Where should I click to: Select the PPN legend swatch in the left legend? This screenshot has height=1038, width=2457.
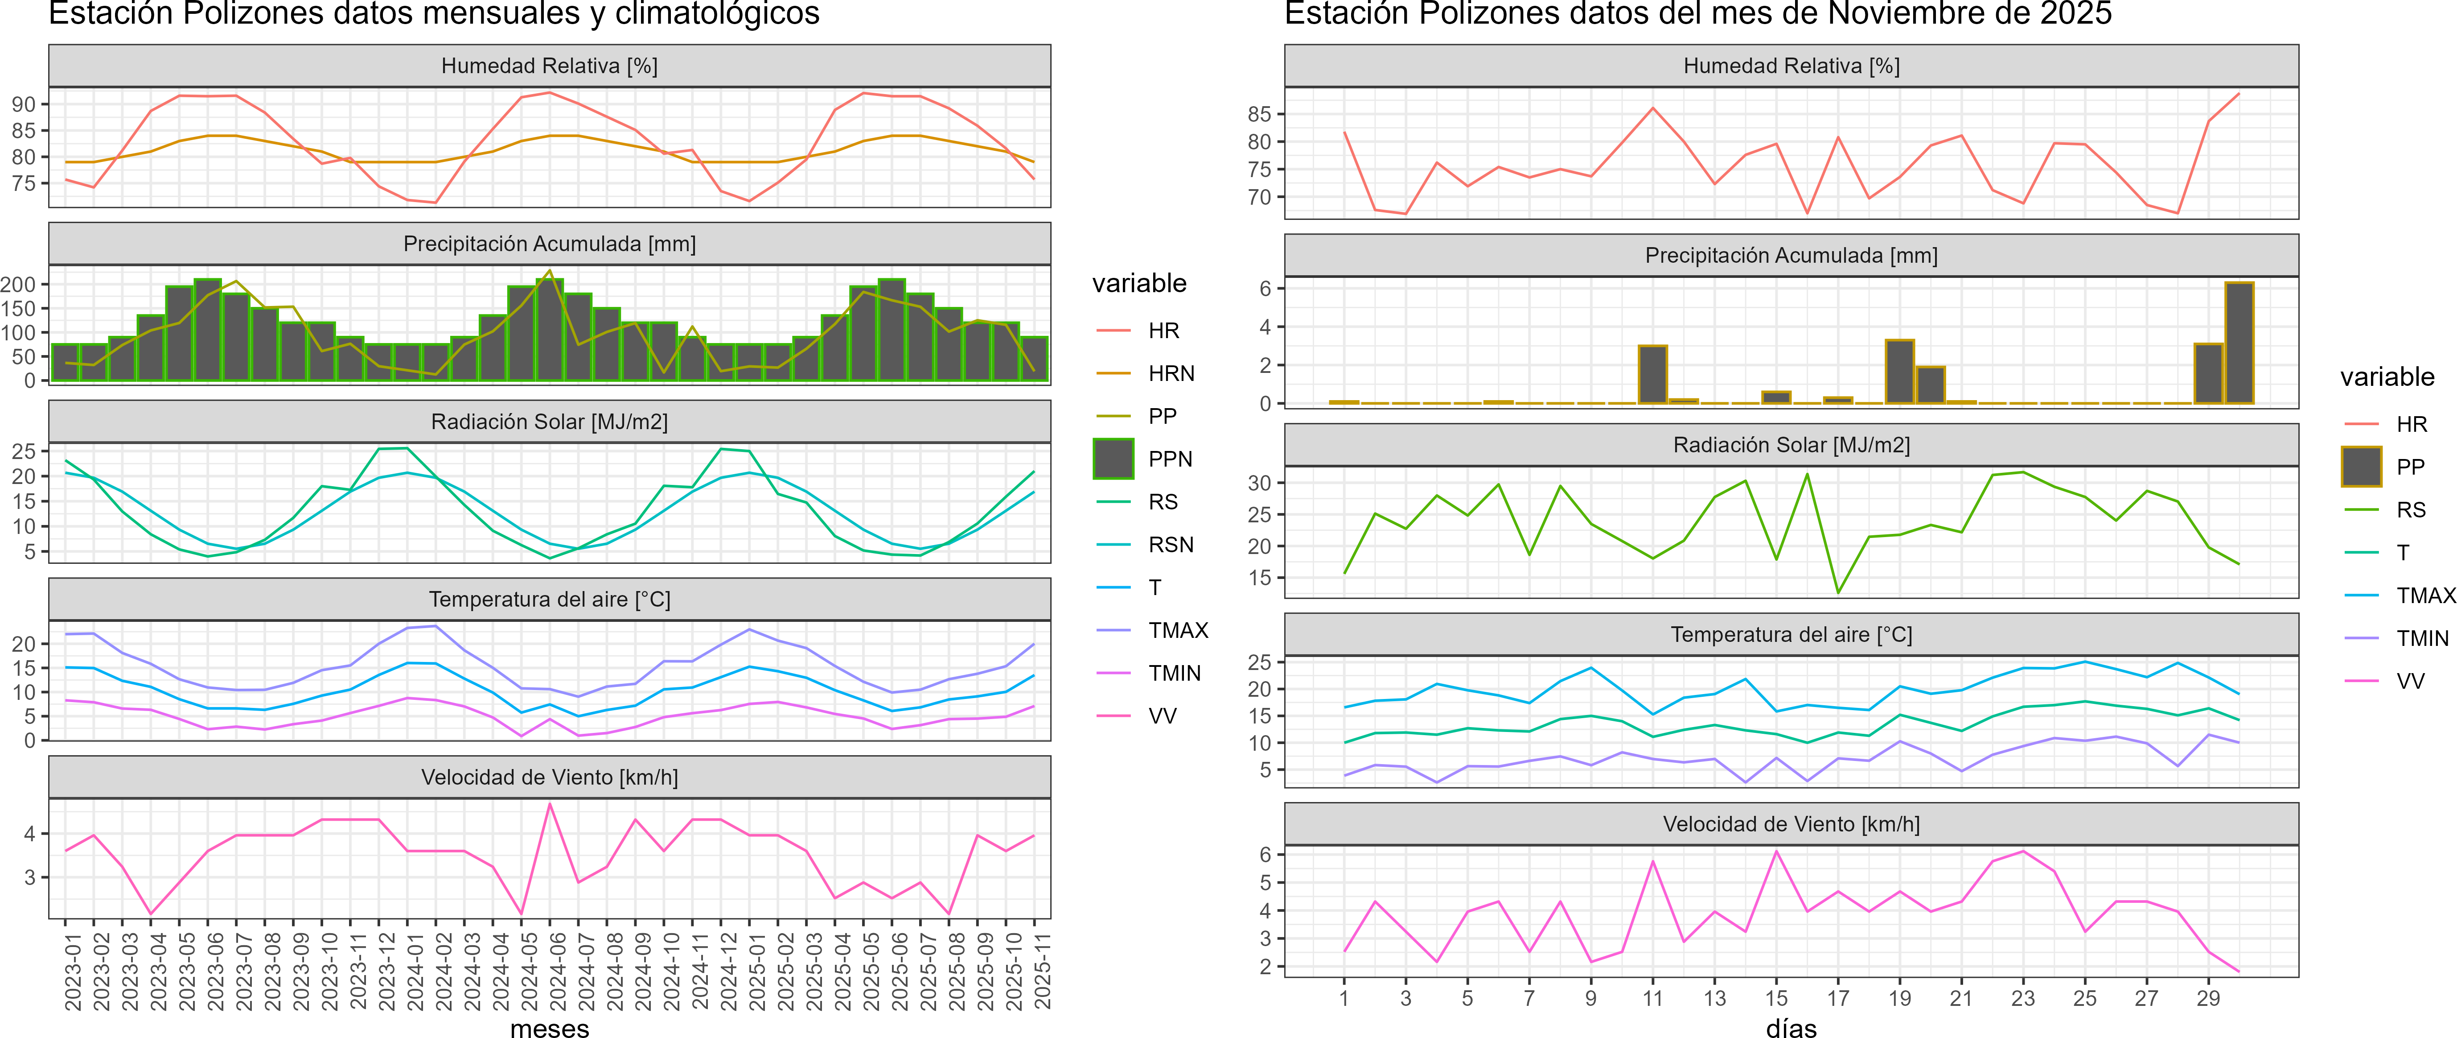click(1113, 459)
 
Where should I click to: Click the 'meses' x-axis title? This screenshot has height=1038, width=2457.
click(549, 1027)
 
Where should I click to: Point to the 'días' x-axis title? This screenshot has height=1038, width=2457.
click(1791, 1027)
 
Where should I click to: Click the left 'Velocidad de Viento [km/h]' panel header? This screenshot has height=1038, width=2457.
click(549, 777)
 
